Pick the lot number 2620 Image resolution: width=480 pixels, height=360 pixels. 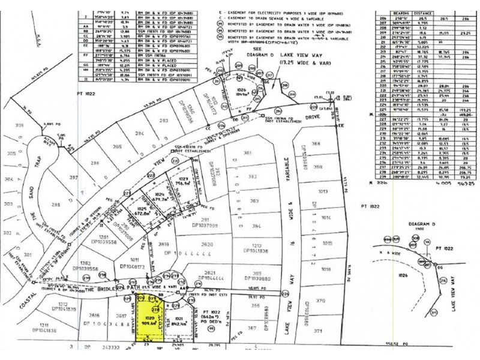(208, 244)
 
